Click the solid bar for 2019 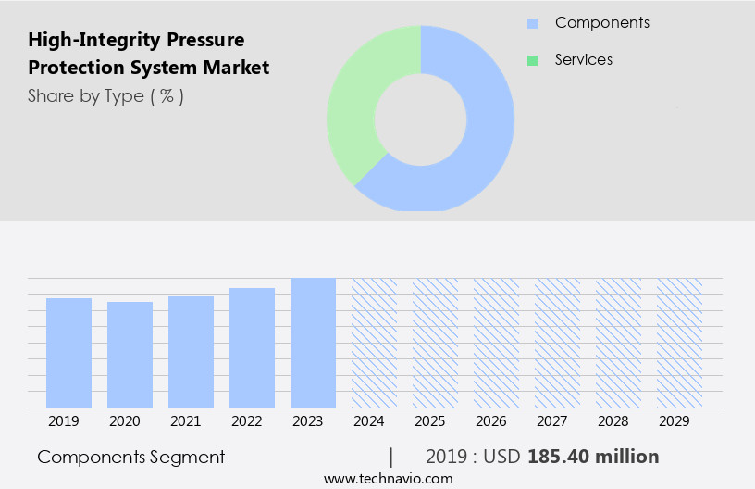pos(68,353)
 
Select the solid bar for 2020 pos(130,355)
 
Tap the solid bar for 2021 pos(191,352)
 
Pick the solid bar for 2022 pos(252,347)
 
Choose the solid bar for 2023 pos(313,343)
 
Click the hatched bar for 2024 pos(374,343)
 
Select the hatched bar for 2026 pos(496,343)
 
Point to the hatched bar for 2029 pos(679,343)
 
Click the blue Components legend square pos(532,23)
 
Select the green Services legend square pos(532,60)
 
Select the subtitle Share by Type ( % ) pos(105,95)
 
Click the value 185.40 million pos(593,457)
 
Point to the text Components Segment pos(130,457)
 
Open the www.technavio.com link pos(388,478)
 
